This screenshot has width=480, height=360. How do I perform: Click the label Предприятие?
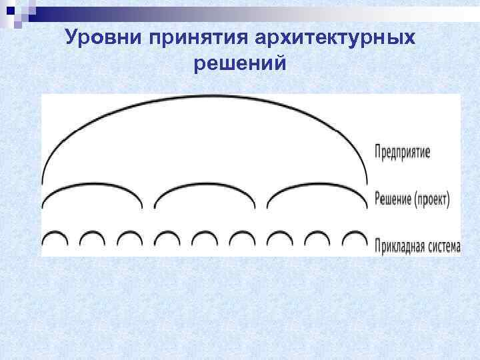(403, 152)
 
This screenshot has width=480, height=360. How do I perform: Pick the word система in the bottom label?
(443, 245)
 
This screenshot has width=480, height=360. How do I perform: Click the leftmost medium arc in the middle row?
(92, 189)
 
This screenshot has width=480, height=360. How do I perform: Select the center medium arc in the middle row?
(205, 189)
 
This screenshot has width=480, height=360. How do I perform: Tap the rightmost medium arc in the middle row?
(317, 189)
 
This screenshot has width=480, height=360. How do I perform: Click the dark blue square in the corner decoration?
(9, 10)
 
